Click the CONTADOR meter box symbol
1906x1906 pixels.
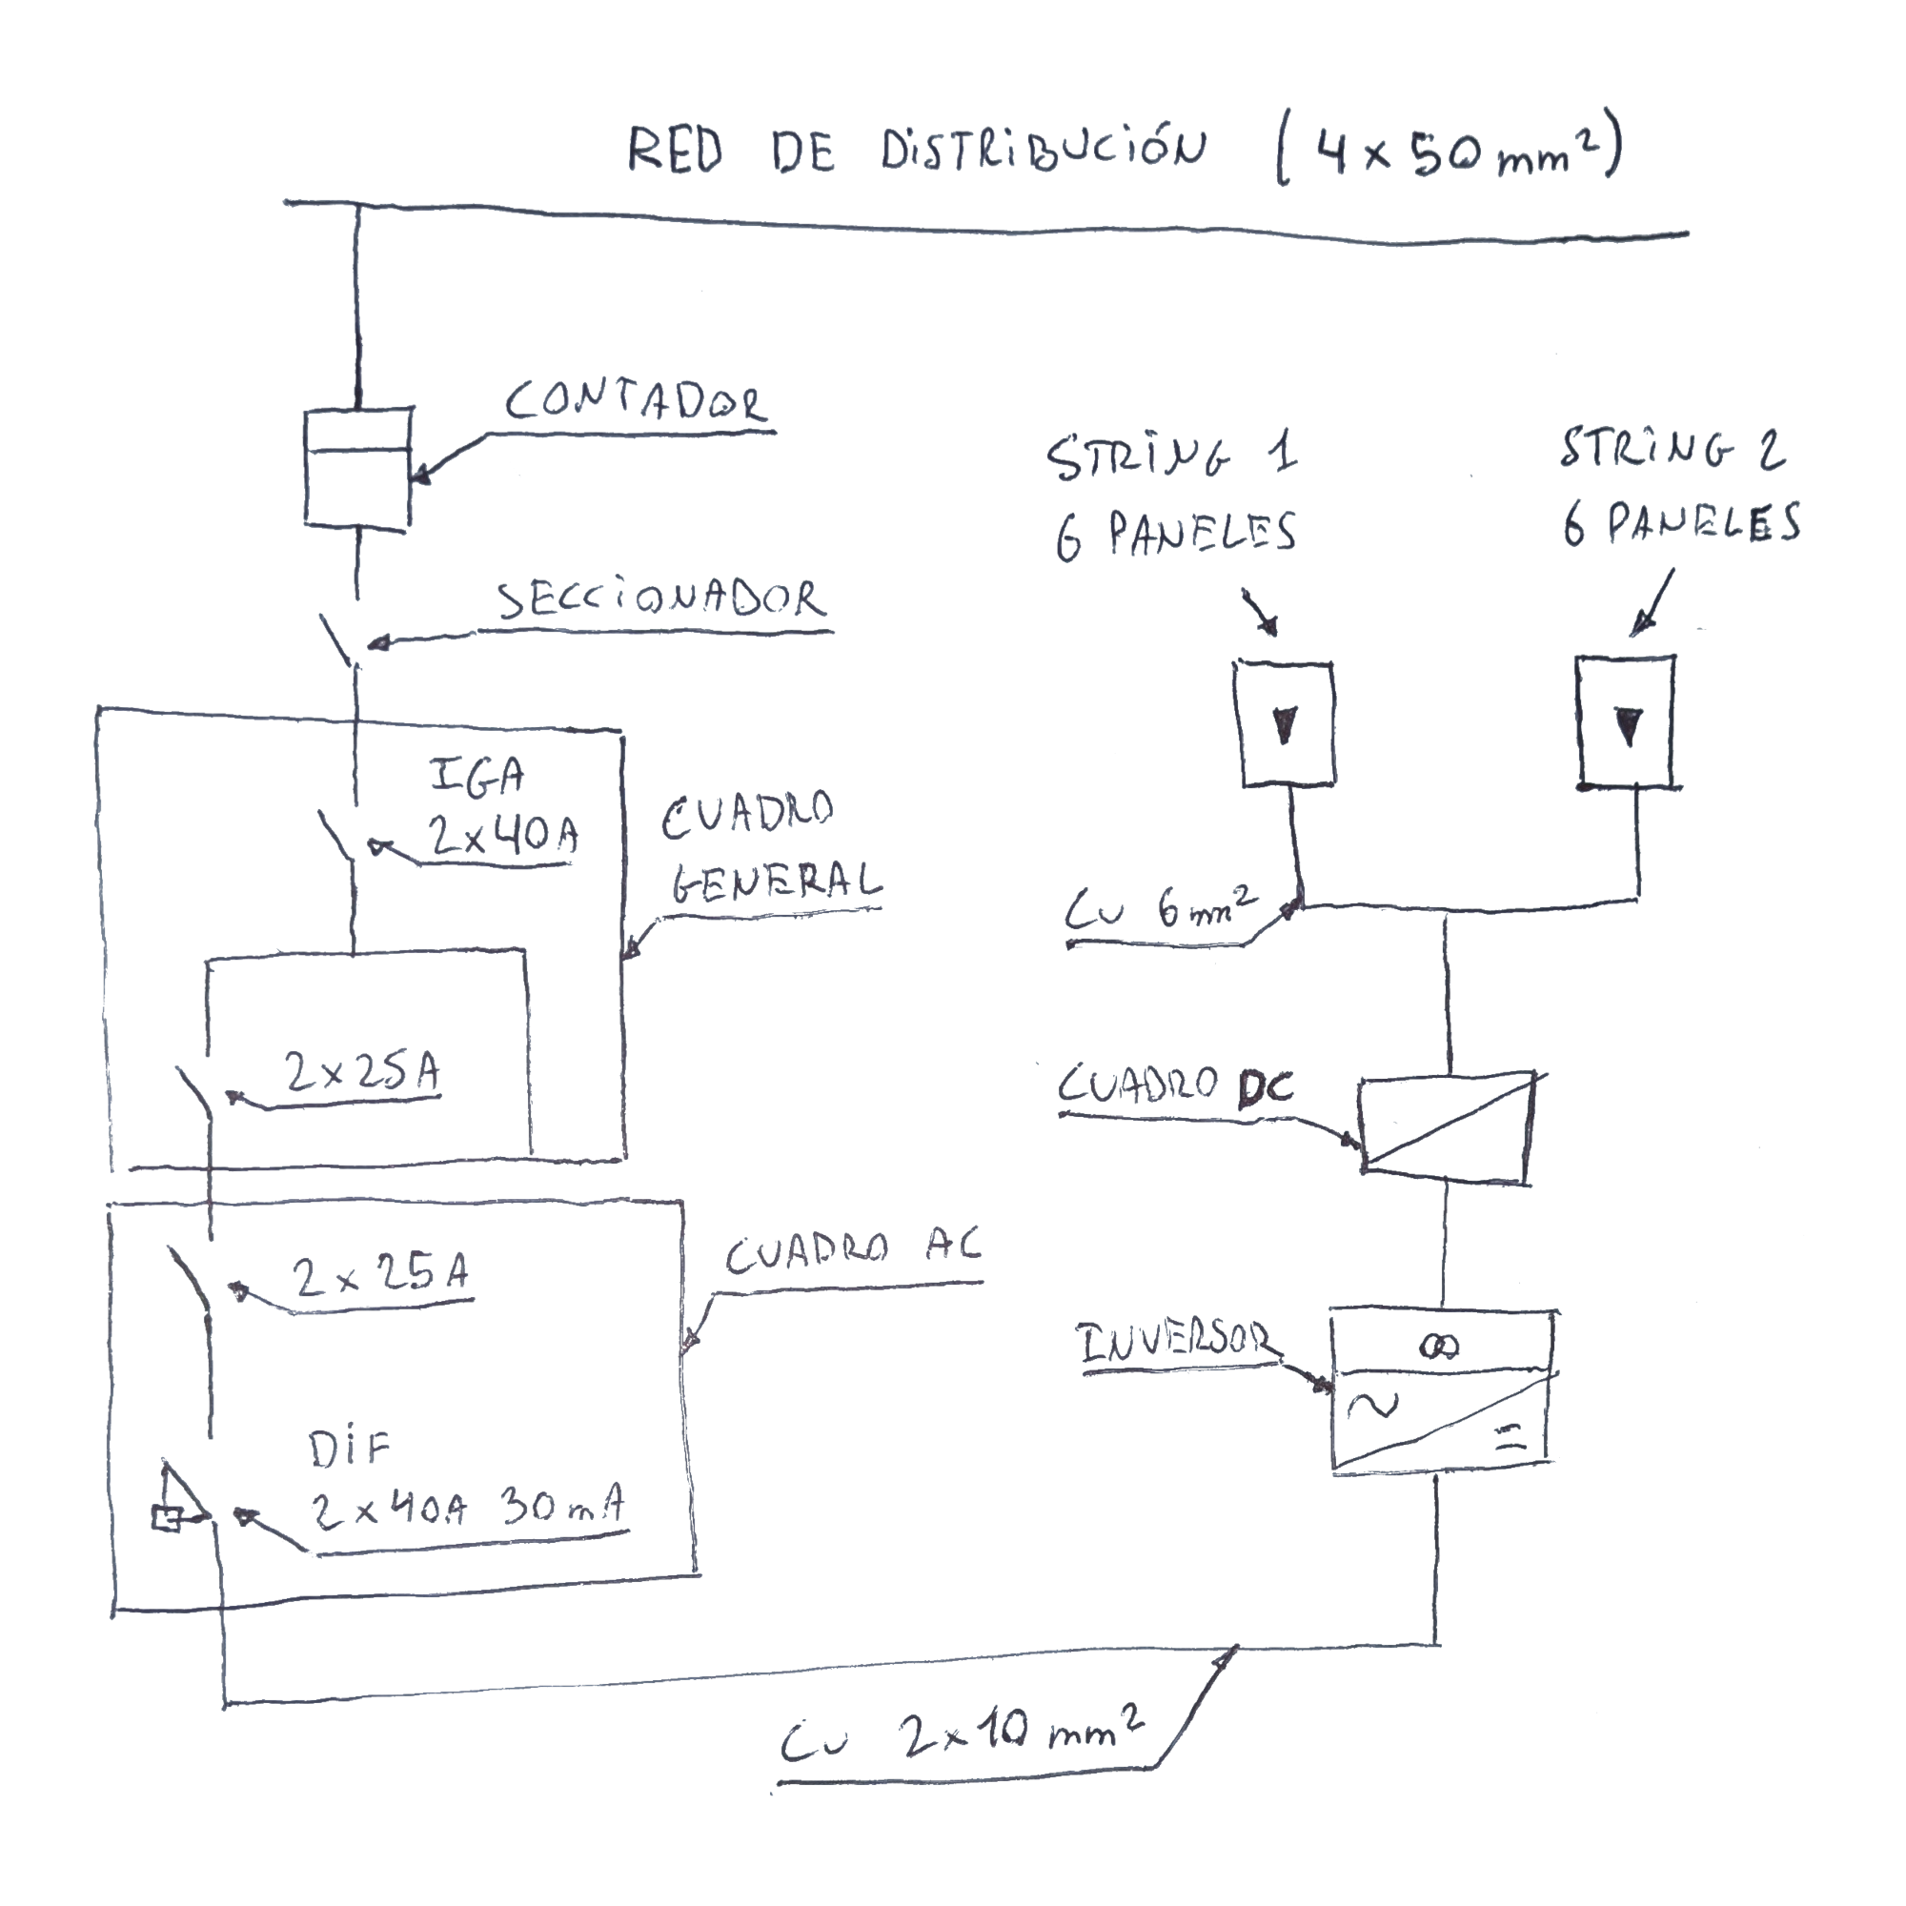point(357,468)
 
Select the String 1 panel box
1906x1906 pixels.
point(1284,725)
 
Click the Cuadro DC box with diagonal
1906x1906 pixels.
point(1447,1124)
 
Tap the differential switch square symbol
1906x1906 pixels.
point(166,1519)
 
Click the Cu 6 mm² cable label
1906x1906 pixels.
point(1160,909)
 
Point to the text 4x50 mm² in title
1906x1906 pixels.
point(1450,153)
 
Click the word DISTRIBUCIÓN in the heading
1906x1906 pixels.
point(1042,151)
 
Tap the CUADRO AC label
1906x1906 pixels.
point(852,1253)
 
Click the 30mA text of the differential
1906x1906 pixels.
point(563,1508)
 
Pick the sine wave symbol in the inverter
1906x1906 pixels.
point(1372,1405)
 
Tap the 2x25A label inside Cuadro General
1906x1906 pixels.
point(362,1072)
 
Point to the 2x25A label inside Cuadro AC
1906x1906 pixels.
point(381,1276)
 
